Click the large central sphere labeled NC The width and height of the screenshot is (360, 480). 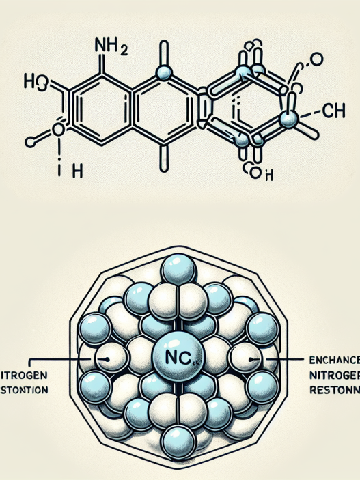coord(180,356)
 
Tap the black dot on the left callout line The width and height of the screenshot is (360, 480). coord(105,357)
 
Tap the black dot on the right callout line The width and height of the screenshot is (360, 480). coord(252,357)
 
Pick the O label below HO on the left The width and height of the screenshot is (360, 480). coord(57,130)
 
